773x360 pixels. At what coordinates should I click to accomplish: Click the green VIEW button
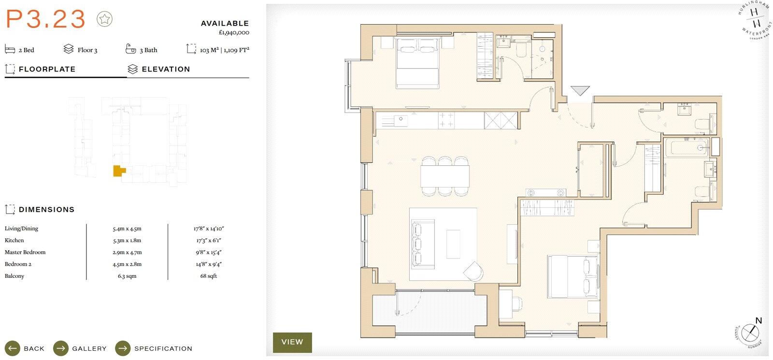tap(292, 342)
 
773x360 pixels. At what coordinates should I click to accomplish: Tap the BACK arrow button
tap(13, 348)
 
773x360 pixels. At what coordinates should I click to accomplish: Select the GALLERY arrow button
tap(61, 348)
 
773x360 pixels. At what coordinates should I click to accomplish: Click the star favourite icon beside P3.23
tap(104, 19)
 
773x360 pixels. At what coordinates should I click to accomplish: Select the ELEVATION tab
tap(166, 69)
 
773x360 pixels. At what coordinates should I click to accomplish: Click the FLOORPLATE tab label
tap(47, 69)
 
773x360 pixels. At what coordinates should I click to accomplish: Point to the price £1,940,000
tap(234, 33)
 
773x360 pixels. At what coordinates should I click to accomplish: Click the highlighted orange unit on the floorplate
tap(118, 171)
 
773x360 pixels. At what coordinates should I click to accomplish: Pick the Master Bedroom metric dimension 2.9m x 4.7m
tap(127, 252)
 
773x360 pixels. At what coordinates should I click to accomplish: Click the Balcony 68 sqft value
tap(209, 276)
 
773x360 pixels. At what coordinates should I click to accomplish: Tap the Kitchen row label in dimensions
tap(14, 240)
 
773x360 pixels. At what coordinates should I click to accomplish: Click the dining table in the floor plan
tap(444, 176)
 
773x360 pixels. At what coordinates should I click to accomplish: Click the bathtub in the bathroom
tap(687, 147)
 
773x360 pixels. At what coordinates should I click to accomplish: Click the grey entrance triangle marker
tap(580, 90)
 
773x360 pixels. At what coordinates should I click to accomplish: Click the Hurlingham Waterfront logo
tap(755, 19)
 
